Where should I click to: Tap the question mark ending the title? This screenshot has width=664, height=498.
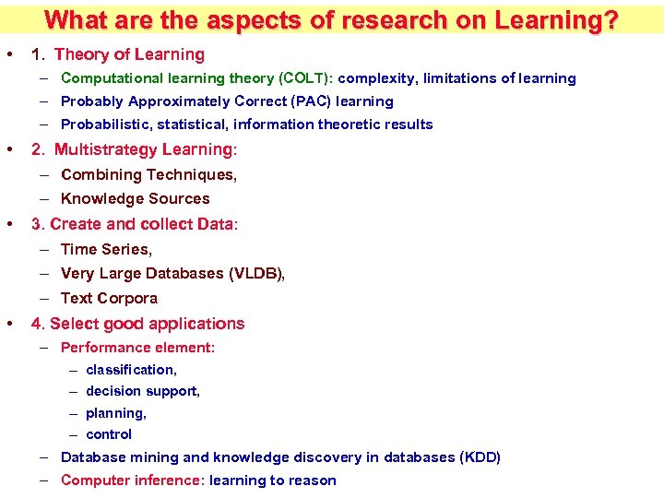609,19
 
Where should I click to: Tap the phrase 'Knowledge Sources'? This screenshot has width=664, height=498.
135,198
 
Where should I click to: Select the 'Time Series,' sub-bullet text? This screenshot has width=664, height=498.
106,249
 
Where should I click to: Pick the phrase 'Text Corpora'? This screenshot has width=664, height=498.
109,298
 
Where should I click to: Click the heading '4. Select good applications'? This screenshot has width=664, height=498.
138,324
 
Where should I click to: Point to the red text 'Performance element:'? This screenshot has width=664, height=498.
137,348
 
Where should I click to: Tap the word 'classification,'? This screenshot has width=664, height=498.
131,370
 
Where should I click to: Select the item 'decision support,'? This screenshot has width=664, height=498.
143,391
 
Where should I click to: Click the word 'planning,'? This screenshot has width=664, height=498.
116,413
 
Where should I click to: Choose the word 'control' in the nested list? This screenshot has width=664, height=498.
109,434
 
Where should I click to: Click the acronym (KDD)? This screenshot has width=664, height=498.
480,457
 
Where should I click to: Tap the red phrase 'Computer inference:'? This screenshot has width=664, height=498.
132,480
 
